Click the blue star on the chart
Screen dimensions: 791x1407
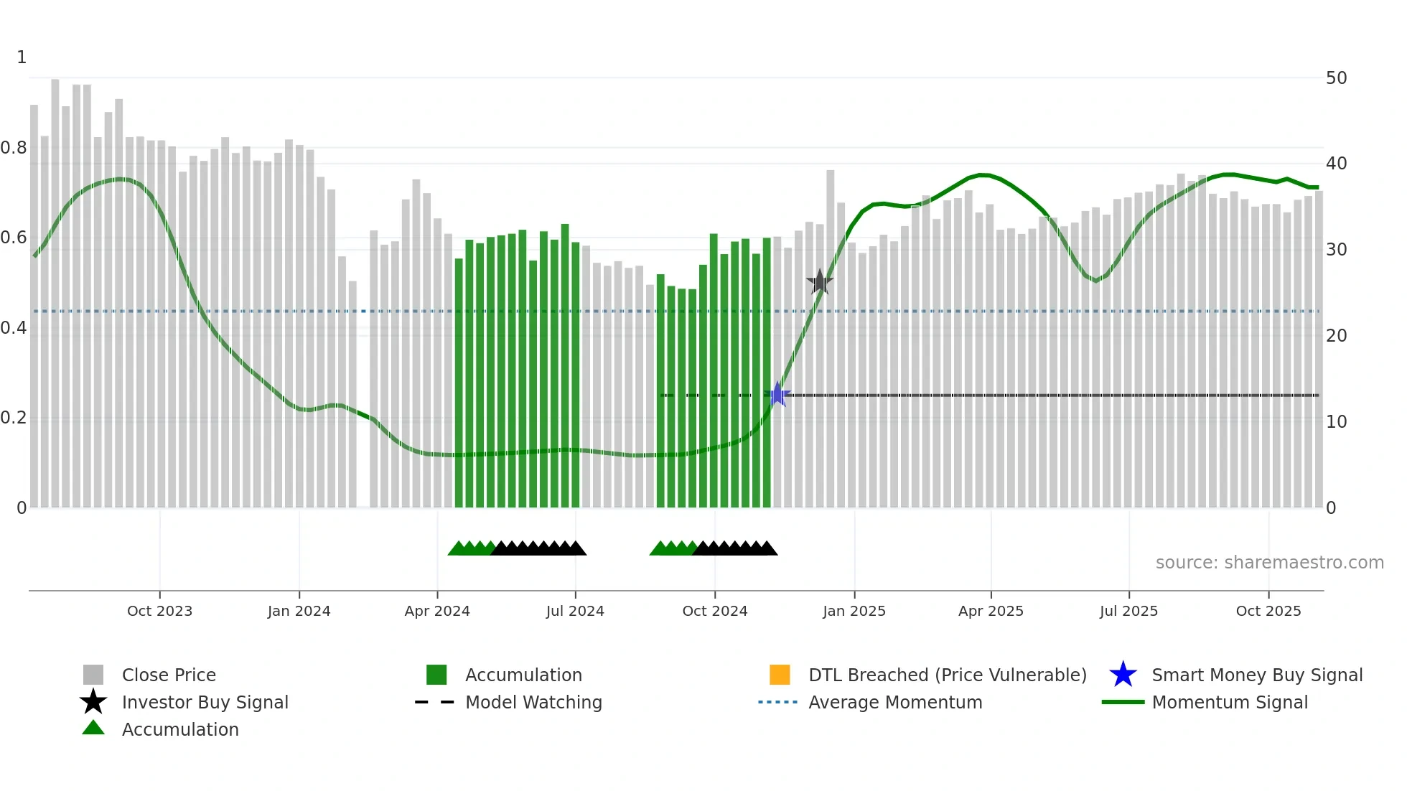click(777, 395)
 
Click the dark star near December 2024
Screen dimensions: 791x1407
click(820, 282)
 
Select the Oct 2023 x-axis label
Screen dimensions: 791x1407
click(159, 611)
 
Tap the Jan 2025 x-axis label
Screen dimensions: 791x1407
click(854, 611)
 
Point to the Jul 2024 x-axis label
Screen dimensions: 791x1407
click(575, 611)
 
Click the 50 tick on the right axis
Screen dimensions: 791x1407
click(1336, 78)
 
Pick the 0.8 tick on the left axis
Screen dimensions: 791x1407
click(14, 148)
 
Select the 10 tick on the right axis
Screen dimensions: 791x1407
click(1336, 421)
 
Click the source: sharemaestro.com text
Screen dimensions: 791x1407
click(1269, 562)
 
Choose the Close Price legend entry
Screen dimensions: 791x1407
click(169, 675)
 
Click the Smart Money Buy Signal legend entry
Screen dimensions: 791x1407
click(1256, 675)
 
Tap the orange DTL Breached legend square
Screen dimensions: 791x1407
click(780, 675)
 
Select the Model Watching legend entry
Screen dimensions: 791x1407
click(533, 702)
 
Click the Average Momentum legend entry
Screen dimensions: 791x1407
click(894, 702)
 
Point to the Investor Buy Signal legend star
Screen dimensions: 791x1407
click(93, 702)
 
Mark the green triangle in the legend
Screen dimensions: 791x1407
click(93, 728)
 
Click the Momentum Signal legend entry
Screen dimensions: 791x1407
click(1229, 702)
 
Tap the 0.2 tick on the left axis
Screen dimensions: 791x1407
click(14, 418)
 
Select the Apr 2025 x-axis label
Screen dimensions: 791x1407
click(991, 611)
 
